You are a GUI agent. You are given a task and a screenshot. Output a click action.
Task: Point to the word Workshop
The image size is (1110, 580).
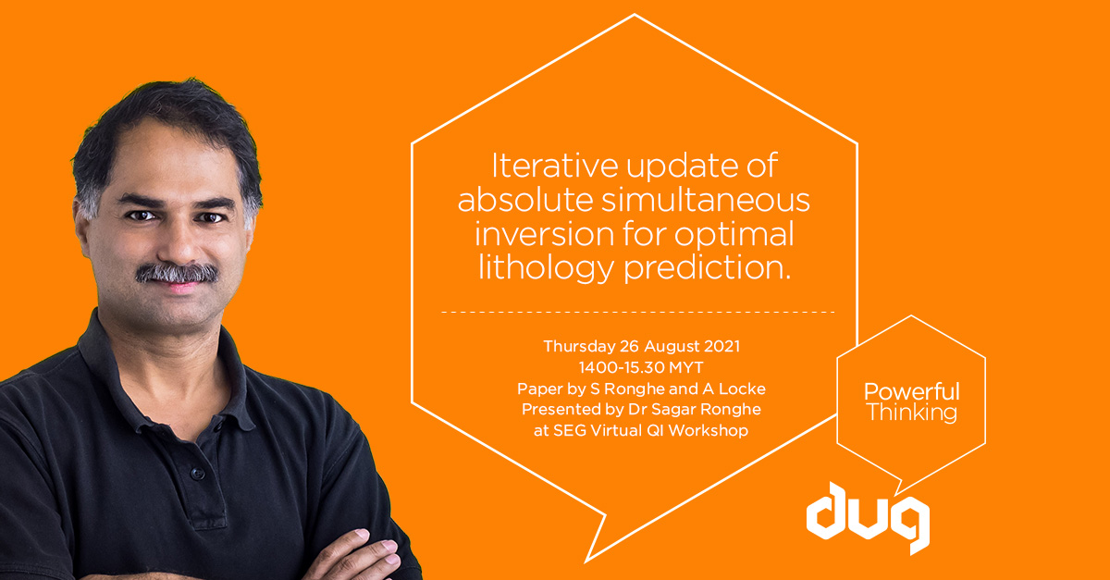tap(712, 430)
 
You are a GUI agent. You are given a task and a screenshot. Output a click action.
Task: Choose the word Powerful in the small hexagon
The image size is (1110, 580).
tap(911, 391)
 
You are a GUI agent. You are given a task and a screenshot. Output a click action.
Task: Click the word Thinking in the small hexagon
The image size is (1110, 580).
tap(911, 413)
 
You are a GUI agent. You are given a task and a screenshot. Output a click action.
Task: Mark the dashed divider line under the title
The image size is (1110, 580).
tap(637, 312)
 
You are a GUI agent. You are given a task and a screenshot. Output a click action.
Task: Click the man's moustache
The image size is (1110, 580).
tap(177, 273)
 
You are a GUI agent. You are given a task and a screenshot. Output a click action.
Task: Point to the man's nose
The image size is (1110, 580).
tap(175, 243)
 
